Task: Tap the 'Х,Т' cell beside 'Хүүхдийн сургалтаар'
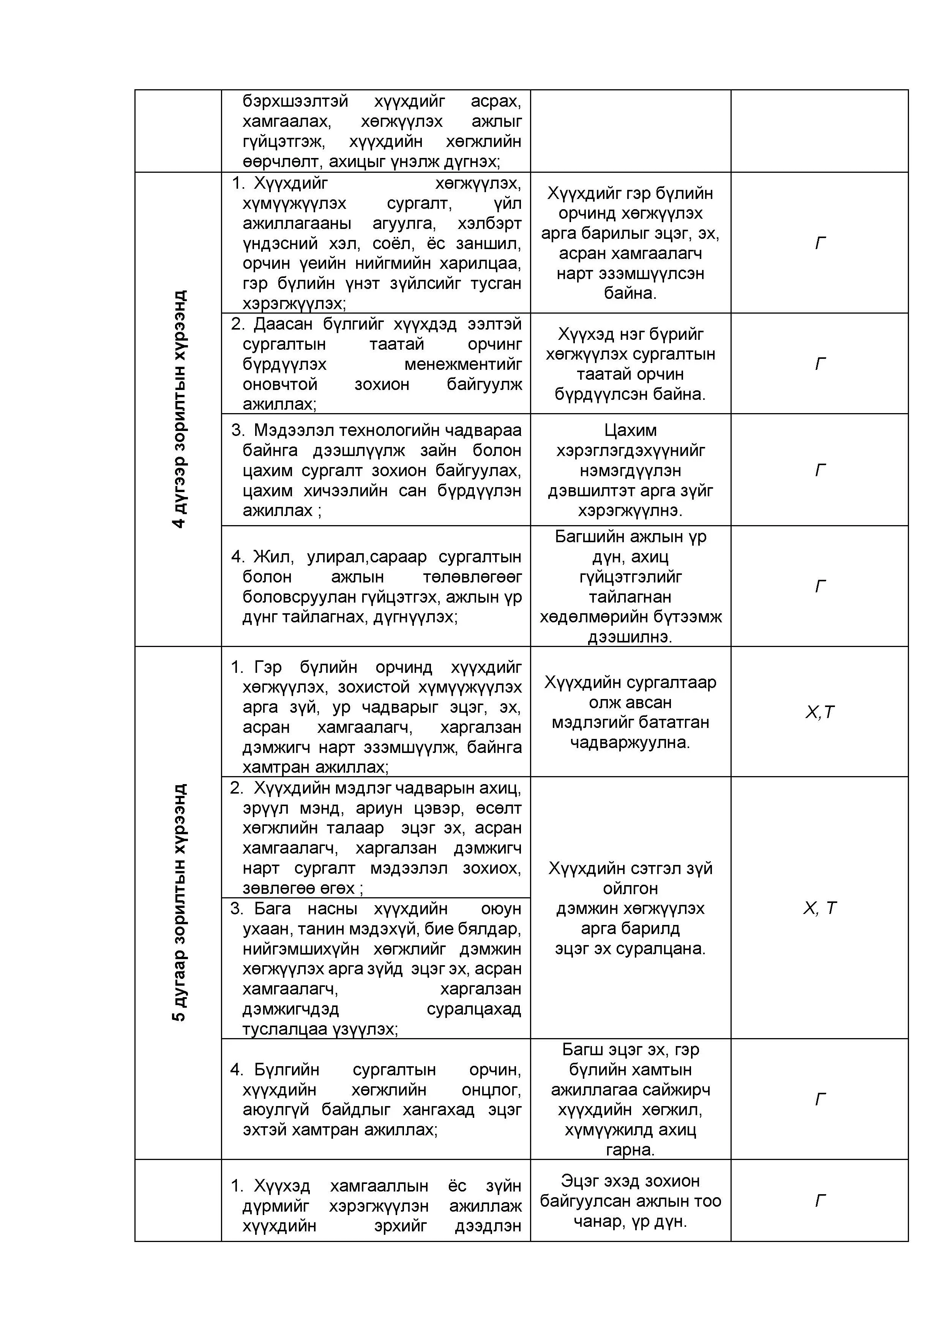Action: pyautogui.click(x=820, y=712)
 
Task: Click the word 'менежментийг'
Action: pyautogui.click(x=463, y=365)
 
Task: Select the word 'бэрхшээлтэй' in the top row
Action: pyautogui.click(x=295, y=101)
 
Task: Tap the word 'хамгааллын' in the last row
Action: pyautogui.click(x=379, y=1186)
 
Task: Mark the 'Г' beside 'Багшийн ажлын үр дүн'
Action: pyautogui.click(x=820, y=587)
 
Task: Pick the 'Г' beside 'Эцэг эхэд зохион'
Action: pyautogui.click(x=820, y=1200)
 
